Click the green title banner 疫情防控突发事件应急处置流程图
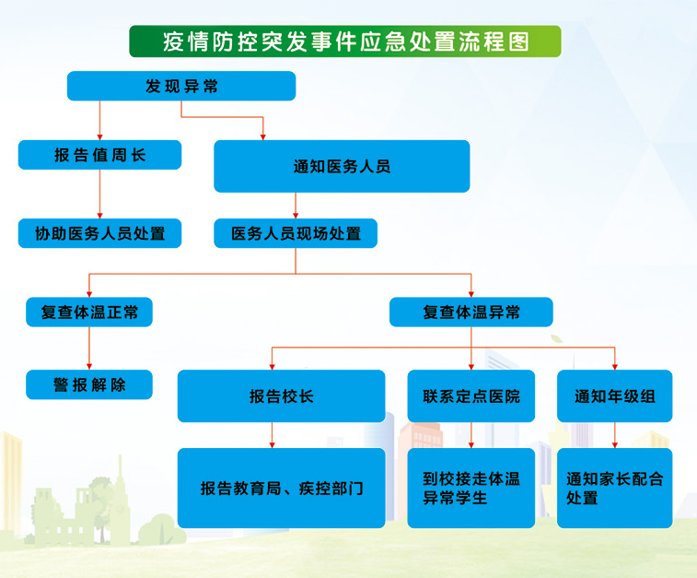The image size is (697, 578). (345, 41)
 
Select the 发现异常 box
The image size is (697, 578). (181, 86)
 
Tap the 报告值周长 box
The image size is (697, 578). (99, 155)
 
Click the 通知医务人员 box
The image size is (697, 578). (342, 167)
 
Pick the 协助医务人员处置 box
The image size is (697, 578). (99, 233)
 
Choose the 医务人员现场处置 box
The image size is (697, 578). (296, 233)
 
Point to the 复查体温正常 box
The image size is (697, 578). (89, 312)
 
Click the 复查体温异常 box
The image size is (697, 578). (471, 312)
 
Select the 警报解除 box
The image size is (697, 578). (89, 384)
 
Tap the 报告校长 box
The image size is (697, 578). (282, 396)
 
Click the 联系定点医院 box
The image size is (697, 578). (471, 396)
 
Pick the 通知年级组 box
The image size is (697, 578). (615, 396)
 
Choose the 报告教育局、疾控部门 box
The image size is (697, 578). (282, 488)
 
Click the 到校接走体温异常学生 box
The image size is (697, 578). (471, 488)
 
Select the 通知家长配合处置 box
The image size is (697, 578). (615, 488)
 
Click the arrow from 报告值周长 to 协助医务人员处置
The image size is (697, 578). (99, 194)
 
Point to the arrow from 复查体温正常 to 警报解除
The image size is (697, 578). (89, 348)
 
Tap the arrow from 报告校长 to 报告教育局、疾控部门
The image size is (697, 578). (272, 435)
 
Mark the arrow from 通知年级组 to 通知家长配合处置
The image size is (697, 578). (615, 435)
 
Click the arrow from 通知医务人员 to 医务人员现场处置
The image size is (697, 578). (296, 206)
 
